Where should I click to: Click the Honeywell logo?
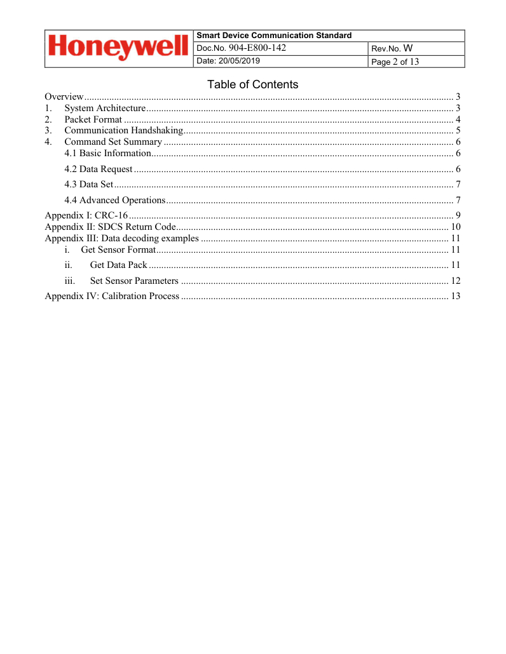point(118,48)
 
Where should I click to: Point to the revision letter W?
point(408,48)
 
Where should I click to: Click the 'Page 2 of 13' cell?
point(395,62)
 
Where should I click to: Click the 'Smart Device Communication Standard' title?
point(274,36)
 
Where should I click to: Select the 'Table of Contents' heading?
point(252,84)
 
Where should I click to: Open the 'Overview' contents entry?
point(64,97)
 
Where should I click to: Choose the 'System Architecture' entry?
point(104,108)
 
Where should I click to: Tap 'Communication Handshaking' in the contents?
point(123,131)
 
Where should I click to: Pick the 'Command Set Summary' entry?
point(113,142)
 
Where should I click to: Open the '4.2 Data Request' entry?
point(99,169)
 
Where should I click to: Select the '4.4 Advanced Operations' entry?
point(115,201)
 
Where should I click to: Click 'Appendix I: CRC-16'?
point(86,216)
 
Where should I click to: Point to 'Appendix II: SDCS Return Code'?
point(109,227)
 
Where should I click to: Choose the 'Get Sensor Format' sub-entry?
point(118,250)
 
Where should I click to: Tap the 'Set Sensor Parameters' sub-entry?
point(134,281)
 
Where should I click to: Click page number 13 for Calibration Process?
point(455,296)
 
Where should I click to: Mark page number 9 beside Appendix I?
point(458,216)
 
